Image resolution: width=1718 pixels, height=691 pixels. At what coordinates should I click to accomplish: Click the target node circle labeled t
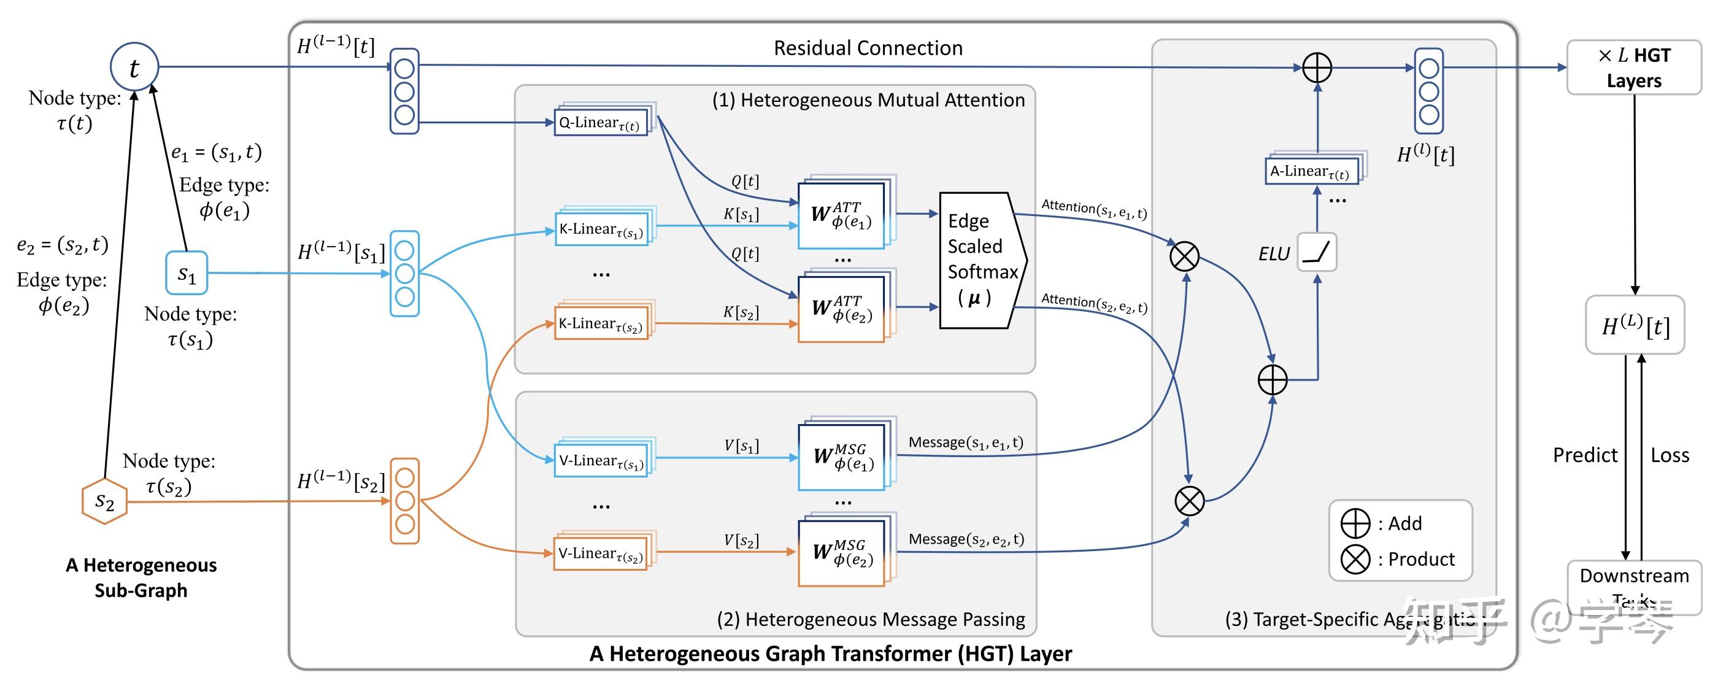click(134, 68)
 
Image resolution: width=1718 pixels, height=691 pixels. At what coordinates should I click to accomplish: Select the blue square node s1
click(187, 273)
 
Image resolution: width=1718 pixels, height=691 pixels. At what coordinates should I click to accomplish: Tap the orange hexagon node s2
click(105, 501)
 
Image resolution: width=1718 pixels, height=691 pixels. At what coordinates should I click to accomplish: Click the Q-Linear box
click(600, 123)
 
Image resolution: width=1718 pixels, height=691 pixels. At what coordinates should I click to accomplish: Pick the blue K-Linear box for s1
click(601, 229)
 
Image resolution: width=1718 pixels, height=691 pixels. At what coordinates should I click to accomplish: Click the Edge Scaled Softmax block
click(981, 260)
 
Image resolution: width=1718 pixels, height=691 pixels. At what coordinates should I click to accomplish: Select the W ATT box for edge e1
click(842, 215)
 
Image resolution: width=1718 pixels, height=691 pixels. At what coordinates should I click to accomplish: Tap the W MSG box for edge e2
click(842, 553)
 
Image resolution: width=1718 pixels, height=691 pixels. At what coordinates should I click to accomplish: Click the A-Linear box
click(1311, 171)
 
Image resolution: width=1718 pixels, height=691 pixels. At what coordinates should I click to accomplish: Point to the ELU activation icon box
click(1317, 252)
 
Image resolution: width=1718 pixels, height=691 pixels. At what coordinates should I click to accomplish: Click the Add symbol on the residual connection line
click(1317, 68)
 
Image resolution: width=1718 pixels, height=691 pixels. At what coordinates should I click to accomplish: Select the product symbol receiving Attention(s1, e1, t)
click(1184, 256)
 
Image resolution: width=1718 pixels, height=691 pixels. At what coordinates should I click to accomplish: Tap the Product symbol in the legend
click(1355, 559)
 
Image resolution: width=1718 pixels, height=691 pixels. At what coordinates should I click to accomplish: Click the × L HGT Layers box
click(1633, 68)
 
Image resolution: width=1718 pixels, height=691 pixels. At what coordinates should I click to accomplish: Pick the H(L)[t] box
click(1635, 325)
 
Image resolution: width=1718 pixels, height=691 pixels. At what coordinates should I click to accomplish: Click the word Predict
click(1585, 455)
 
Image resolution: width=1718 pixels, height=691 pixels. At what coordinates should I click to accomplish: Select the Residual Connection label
click(868, 48)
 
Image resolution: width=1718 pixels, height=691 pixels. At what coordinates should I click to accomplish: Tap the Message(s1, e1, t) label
click(965, 442)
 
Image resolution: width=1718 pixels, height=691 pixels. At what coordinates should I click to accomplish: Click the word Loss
click(1670, 455)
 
